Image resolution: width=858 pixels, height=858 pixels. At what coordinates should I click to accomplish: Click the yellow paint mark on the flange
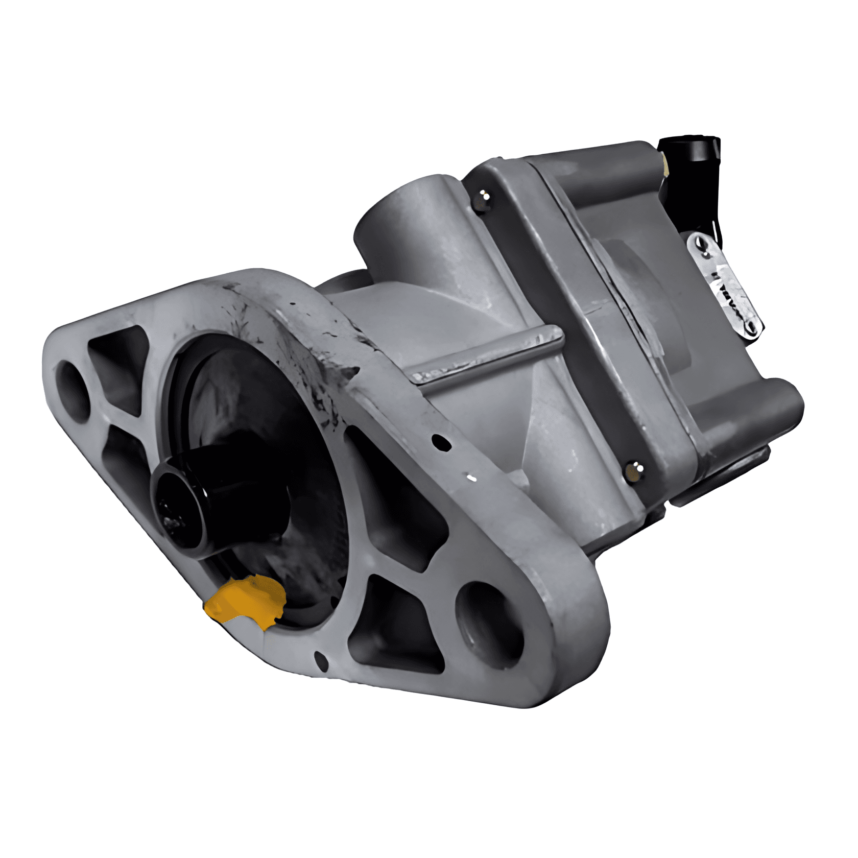click(x=245, y=600)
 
